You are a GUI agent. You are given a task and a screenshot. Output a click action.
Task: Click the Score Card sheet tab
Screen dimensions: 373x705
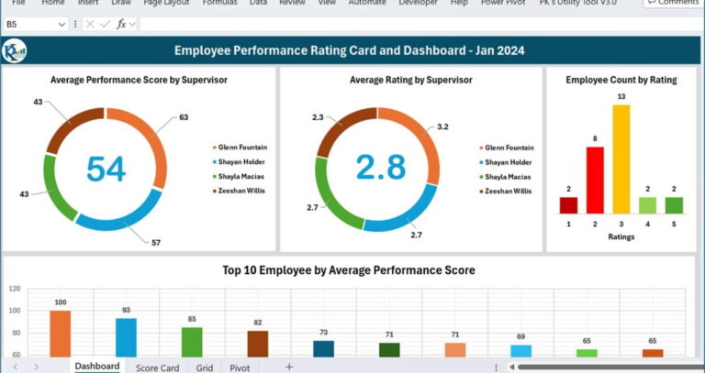157,367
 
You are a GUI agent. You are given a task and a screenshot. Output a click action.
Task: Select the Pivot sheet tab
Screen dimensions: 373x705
240,367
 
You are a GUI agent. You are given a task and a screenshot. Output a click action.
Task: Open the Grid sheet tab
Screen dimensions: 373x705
204,367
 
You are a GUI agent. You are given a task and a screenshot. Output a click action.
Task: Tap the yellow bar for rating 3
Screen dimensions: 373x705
621,159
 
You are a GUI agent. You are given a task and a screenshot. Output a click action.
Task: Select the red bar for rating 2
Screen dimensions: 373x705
595,181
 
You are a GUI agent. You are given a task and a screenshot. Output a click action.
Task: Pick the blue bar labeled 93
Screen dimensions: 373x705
126,337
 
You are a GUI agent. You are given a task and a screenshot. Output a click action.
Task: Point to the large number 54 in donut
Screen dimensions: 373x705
106,169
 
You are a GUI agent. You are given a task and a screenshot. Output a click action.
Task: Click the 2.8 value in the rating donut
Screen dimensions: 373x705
380,168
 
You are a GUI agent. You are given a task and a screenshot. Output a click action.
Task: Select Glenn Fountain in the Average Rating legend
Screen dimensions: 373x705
509,148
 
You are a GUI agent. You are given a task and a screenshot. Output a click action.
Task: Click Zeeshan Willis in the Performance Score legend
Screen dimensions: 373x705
241,191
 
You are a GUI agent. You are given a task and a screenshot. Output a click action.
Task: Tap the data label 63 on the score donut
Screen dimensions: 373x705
184,117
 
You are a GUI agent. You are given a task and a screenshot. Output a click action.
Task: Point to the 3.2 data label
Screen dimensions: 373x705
442,126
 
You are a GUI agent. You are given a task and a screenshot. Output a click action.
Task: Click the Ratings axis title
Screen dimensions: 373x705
621,236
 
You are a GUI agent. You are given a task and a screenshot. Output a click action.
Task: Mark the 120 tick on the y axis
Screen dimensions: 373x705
14,288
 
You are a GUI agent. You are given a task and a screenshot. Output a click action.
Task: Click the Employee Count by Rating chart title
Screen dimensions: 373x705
621,80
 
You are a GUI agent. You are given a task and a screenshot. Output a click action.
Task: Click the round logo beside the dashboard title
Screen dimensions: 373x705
15,51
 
